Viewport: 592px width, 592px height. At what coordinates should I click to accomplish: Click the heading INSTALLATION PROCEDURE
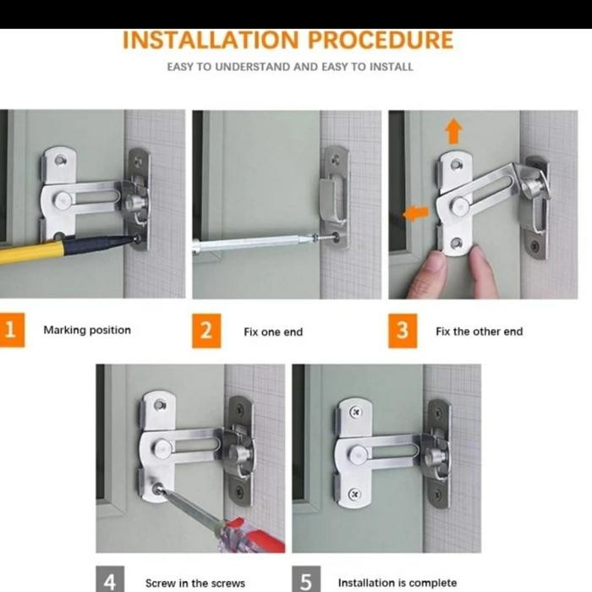288,40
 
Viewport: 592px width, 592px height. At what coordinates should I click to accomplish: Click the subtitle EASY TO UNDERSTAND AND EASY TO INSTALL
289,67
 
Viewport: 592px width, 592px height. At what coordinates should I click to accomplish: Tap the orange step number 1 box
9,330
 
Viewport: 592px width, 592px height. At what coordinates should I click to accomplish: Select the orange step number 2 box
206,331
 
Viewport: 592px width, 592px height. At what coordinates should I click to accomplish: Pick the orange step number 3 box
403,331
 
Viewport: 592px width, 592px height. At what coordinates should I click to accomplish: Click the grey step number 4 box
110,581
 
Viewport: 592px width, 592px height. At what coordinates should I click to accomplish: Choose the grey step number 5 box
306,581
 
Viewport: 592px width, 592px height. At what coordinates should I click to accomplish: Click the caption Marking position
87,331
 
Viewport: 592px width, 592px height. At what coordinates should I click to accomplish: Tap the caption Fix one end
272,332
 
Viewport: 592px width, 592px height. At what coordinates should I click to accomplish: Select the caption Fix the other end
479,332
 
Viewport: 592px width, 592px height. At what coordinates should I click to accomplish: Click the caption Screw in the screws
195,583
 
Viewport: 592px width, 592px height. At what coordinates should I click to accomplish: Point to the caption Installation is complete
397,583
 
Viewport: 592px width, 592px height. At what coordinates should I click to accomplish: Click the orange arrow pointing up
454,131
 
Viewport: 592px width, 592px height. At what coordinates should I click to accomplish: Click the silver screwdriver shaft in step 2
254,244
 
